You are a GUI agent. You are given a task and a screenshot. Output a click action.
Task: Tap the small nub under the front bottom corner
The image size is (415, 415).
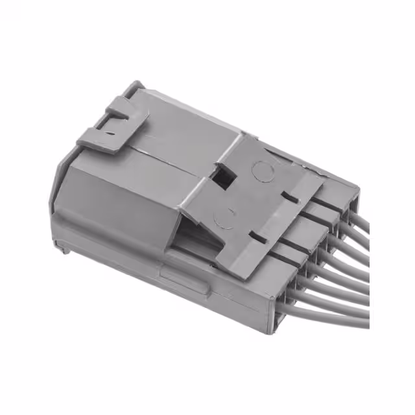click(62, 247)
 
